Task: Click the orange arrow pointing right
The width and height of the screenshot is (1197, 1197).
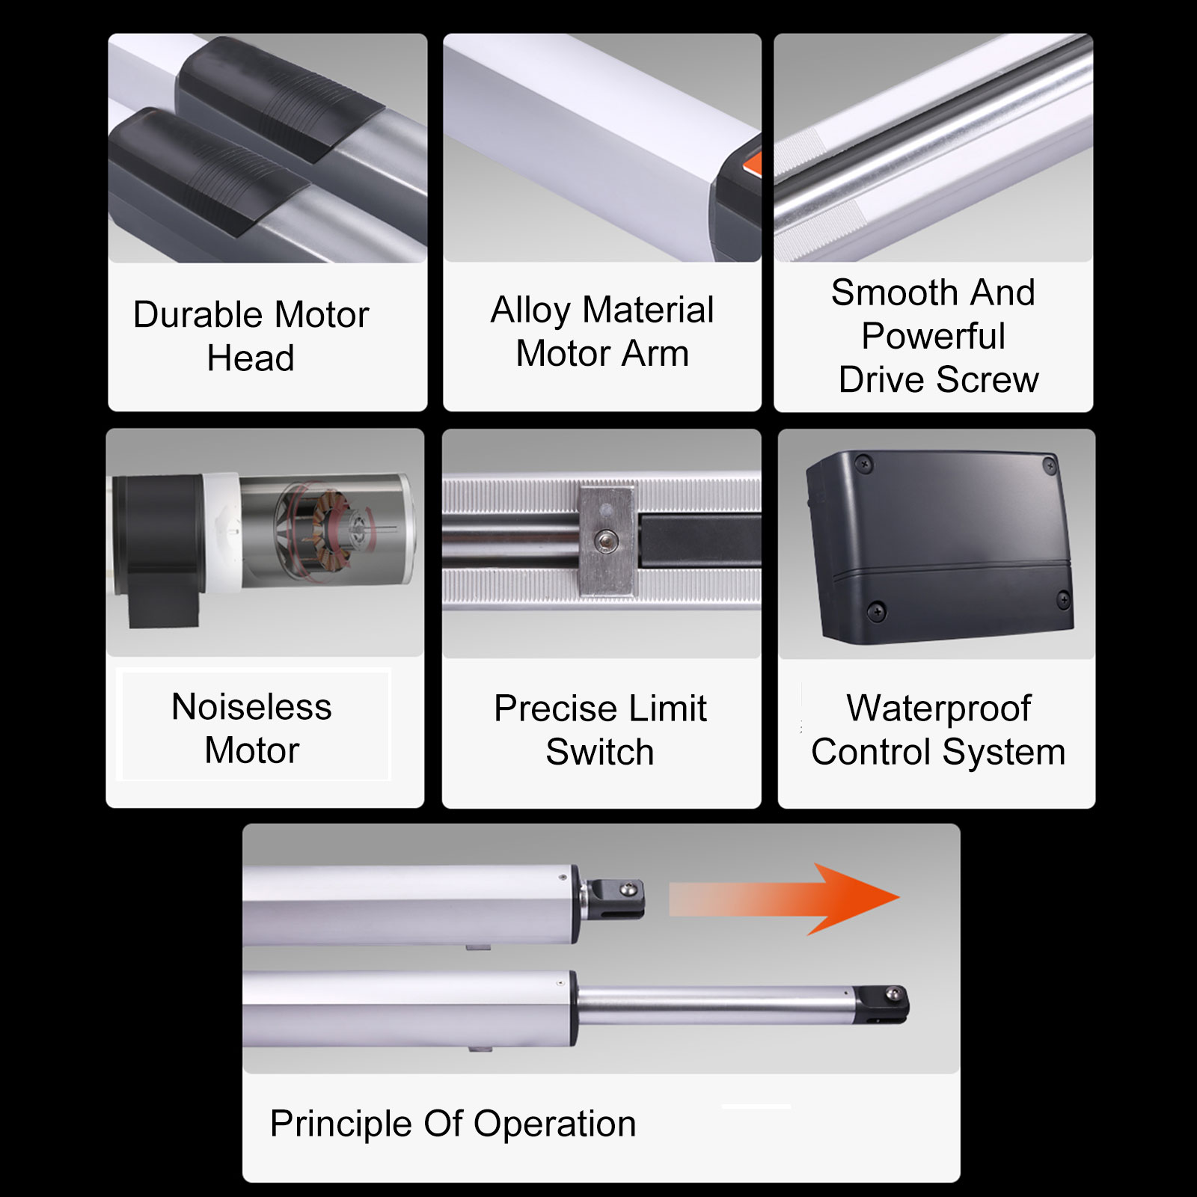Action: click(784, 898)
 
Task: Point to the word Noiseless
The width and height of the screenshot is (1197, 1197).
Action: click(251, 707)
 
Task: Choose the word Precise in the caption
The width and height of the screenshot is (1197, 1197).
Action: click(555, 708)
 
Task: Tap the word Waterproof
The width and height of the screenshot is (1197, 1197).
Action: click(939, 709)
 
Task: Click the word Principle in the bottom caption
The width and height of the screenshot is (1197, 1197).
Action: click(340, 1124)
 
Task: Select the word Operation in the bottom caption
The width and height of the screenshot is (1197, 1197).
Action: click(554, 1124)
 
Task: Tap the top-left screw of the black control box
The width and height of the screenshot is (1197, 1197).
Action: click(865, 464)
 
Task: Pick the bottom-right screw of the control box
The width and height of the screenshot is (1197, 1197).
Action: click(1063, 599)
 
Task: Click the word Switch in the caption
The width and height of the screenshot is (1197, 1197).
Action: click(600, 752)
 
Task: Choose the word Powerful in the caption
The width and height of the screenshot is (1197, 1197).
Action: click(933, 336)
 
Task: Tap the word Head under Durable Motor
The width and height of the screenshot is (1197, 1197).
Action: click(251, 358)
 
